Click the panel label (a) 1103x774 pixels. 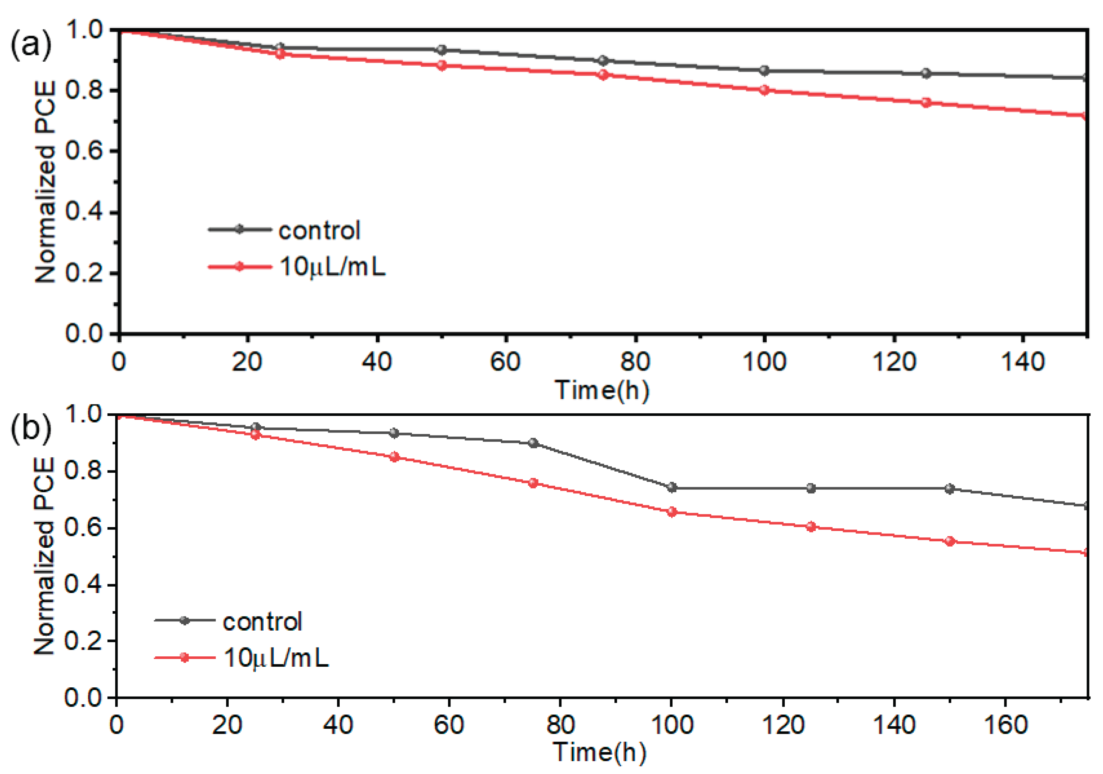30,47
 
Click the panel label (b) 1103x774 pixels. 30,429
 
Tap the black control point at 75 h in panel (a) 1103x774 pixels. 603,61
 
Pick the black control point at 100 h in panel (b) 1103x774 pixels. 672,488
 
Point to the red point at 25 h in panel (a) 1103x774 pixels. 280,54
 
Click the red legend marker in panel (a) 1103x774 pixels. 240,266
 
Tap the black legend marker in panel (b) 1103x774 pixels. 185,620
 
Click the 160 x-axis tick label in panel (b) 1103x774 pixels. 1005,725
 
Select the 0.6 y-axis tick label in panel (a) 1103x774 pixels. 84,152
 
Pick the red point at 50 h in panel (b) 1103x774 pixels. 394,457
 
